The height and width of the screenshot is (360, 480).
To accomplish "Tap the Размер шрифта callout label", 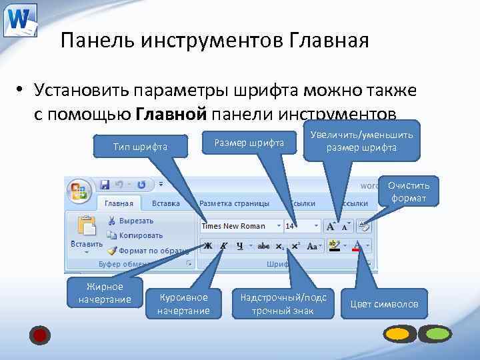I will (x=249, y=143).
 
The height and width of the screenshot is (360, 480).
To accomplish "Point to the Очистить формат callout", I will (x=409, y=191).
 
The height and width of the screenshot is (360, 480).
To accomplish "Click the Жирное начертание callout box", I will (x=105, y=293).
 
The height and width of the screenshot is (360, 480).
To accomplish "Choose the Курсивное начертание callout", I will (x=183, y=303).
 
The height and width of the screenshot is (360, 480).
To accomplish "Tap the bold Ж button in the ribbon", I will (x=208, y=245).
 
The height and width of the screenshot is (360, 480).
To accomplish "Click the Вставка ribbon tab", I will (x=165, y=203).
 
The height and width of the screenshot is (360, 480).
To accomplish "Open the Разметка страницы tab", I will (x=234, y=203).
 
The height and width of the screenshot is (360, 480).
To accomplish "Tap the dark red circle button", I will (x=40, y=335).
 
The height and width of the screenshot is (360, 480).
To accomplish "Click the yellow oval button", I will (x=398, y=333).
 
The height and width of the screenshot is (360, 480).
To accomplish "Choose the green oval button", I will (x=438, y=333).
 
